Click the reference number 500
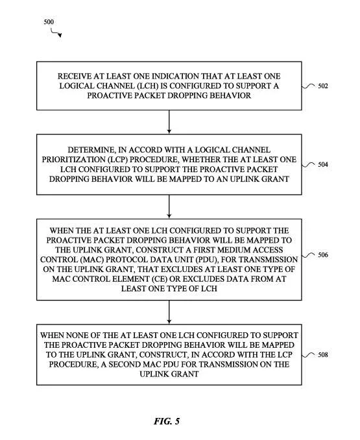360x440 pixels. (x=49, y=21)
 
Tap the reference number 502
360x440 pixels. (x=323, y=86)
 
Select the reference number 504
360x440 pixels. (x=323, y=164)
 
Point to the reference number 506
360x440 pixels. (x=323, y=255)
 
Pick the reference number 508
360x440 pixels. (x=323, y=355)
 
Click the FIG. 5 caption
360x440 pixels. (x=167, y=421)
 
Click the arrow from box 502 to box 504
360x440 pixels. (x=169, y=122)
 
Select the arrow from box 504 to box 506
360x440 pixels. (x=169, y=206)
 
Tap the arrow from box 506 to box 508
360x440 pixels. (x=169, y=312)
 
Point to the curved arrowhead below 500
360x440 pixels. (x=60, y=35)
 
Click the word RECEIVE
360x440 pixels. (x=71, y=77)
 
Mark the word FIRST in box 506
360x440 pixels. (x=204, y=250)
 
